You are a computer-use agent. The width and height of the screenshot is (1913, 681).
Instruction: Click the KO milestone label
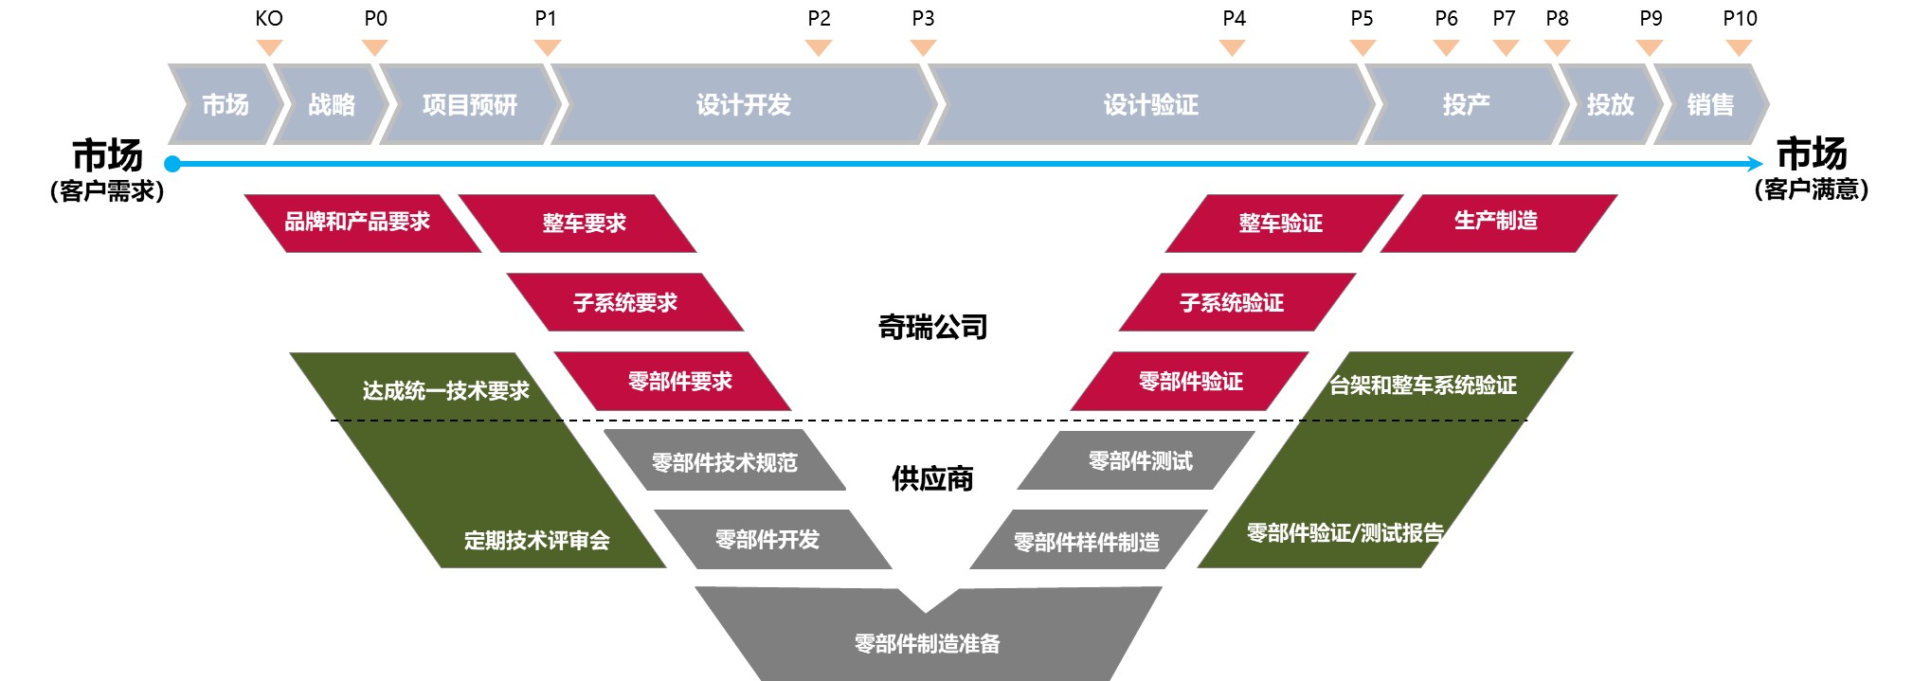click(269, 19)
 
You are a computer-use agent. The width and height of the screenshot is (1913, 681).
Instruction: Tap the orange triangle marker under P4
click(1233, 47)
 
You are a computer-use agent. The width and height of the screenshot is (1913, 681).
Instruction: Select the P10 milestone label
click(1740, 19)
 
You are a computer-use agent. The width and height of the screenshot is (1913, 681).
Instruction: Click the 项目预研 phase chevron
click(470, 104)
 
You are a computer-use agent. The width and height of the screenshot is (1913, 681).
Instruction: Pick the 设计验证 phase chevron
click(1150, 104)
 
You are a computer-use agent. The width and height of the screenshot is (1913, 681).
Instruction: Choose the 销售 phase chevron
click(1710, 104)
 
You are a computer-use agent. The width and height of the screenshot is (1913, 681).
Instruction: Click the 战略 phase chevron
click(332, 104)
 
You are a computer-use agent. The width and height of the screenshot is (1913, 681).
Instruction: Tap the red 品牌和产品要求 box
click(358, 223)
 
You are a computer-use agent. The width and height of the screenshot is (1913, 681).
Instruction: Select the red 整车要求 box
click(584, 224)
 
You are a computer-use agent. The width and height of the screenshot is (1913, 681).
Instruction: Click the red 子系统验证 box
click(1232, 303)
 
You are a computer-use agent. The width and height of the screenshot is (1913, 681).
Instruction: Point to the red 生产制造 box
click(1496, 222)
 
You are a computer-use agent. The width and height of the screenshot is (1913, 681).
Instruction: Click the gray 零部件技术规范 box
click(725, 462)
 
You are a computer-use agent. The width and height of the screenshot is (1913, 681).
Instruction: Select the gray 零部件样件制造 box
click(1087, 542)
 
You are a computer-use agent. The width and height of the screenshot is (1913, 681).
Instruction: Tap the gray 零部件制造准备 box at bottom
click(927, 643)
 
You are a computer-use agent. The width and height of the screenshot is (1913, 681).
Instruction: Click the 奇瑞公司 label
click(933, 328)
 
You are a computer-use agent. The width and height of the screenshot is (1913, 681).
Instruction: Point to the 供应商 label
click(932, 479)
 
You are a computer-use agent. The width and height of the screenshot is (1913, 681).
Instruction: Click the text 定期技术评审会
click(537, 541)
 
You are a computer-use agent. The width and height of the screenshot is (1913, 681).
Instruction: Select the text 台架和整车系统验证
click(1423, 385)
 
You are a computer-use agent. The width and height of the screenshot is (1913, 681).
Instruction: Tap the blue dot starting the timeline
click(172, 164)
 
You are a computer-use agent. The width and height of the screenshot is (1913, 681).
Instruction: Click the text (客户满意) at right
click(1812, 189)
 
